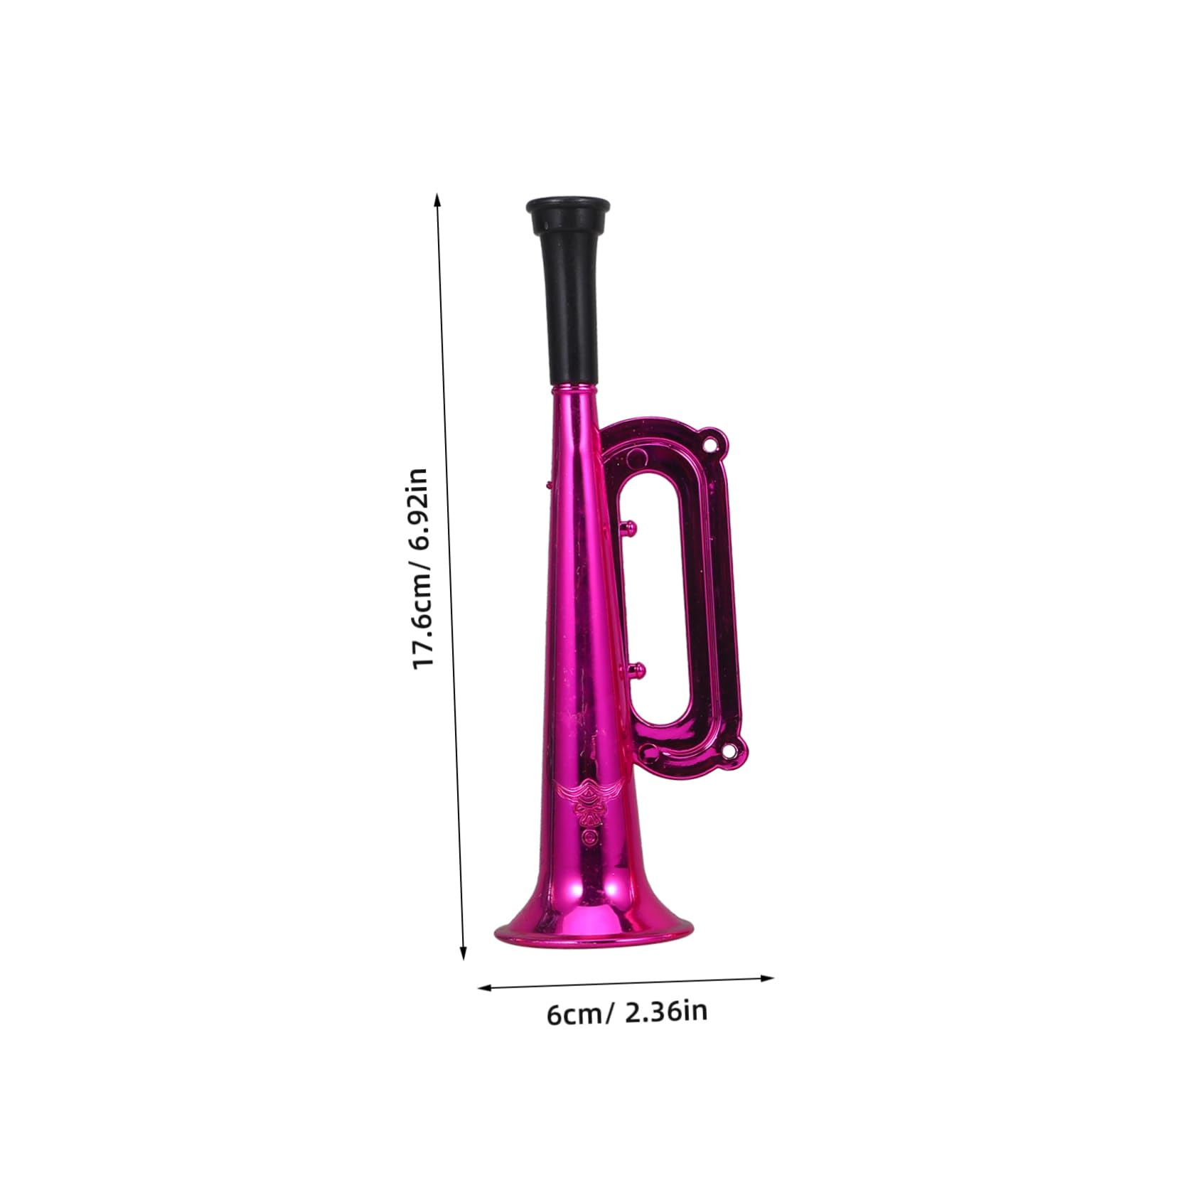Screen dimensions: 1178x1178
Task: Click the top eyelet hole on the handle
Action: point(710,446)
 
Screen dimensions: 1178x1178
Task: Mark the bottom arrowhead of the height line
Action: point(464,954)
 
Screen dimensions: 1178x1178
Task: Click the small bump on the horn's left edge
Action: point(548,485)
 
